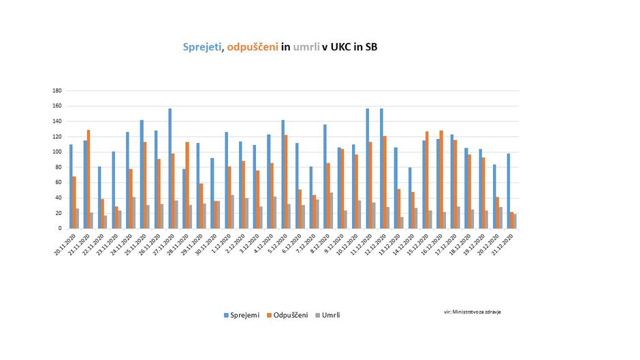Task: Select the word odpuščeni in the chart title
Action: (x=253, y=47)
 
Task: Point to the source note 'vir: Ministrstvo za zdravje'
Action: (x=473, y=312)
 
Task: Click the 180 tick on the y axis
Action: (x=57, y=91)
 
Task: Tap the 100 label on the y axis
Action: (x=57, y=152)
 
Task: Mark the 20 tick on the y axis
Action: (x=59, y=213)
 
